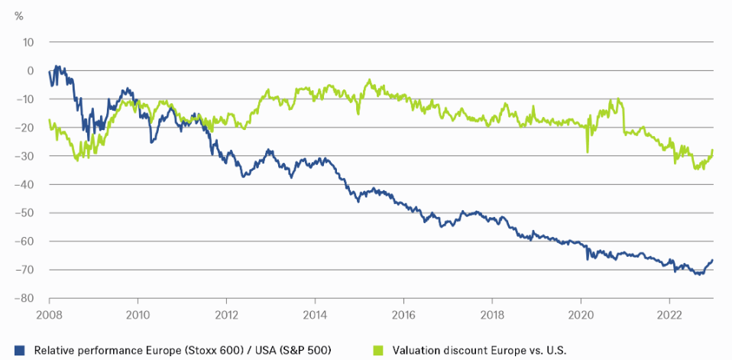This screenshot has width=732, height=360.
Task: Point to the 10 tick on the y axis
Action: click(x=29, y=42)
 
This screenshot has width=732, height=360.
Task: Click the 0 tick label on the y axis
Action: click(x=31, y=70)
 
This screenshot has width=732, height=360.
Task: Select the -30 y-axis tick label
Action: click(x=26, y=156)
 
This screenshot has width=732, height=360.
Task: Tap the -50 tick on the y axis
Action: click(x=26, y=212)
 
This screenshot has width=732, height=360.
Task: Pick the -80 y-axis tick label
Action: click(x=26, y=298)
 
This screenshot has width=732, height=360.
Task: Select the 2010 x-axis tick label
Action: click(x=138, y=314)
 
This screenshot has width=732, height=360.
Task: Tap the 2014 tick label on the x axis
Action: click(x=315, y=314)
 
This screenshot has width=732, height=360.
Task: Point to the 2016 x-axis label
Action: click(x=403, y=314)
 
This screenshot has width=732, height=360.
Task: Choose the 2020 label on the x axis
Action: click(x=581, y=314)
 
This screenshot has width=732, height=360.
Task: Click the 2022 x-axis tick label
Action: click(x=669, y=314)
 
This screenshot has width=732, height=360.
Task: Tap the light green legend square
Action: click(x=381, y=350)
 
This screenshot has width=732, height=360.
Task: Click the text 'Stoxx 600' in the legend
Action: click(x=217, y=350)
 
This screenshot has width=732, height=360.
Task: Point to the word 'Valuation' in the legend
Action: click(x=418, y=350)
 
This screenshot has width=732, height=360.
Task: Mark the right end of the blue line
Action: click(x=713, y=260)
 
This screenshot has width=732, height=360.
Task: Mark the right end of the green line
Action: click(x=713, y=150)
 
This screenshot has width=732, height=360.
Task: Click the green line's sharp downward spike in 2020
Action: click(x=588, y=151)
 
